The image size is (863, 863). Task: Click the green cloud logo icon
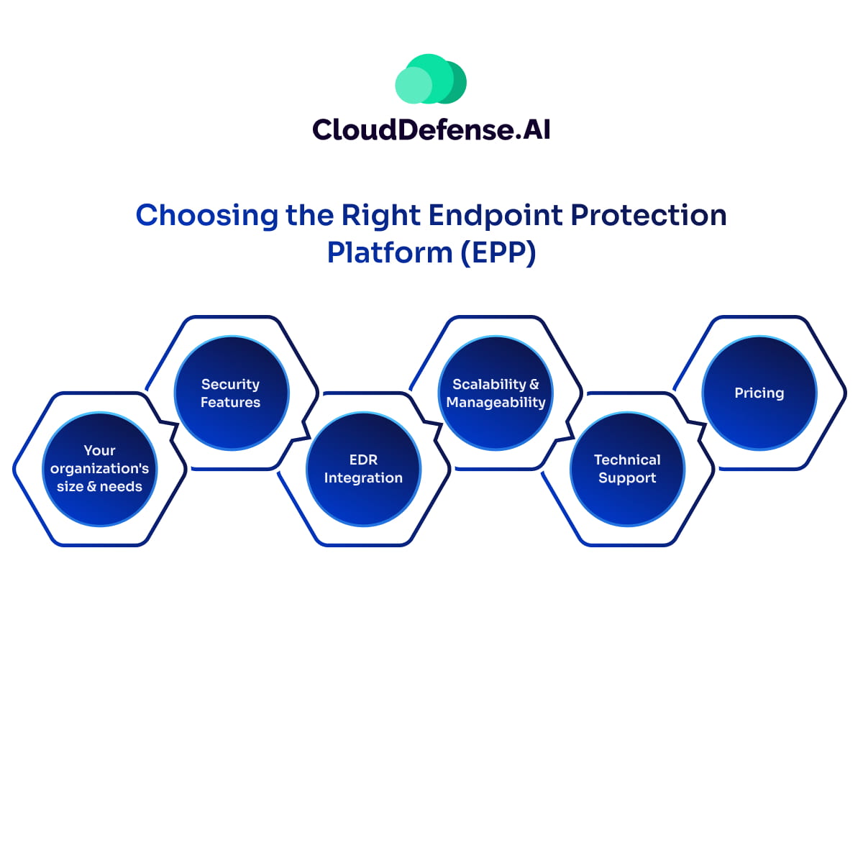click(431, 80)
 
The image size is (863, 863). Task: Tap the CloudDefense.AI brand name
click(431, 130)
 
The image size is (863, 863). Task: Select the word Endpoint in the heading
click(495, 216)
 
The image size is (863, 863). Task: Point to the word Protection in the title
click(649, 216)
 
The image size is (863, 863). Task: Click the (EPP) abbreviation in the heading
click(498, 253)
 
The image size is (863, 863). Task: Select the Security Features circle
click(231, 393)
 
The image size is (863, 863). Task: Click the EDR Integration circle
click(363, 469)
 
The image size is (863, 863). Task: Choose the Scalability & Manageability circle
click(496, 393)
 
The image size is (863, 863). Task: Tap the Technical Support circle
click(627, 469)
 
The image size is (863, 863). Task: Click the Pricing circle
click(759, 393)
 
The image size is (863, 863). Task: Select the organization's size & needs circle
click(99, 469)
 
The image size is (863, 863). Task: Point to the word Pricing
click(759, 393)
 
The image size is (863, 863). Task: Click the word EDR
click(363, 460)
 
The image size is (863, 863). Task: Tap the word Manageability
click(496, 403)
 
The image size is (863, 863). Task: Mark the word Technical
click(627, 460)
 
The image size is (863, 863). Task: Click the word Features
click(230, 403)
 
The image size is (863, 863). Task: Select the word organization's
click(99, 469)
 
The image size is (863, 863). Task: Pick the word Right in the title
click(380, 216)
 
